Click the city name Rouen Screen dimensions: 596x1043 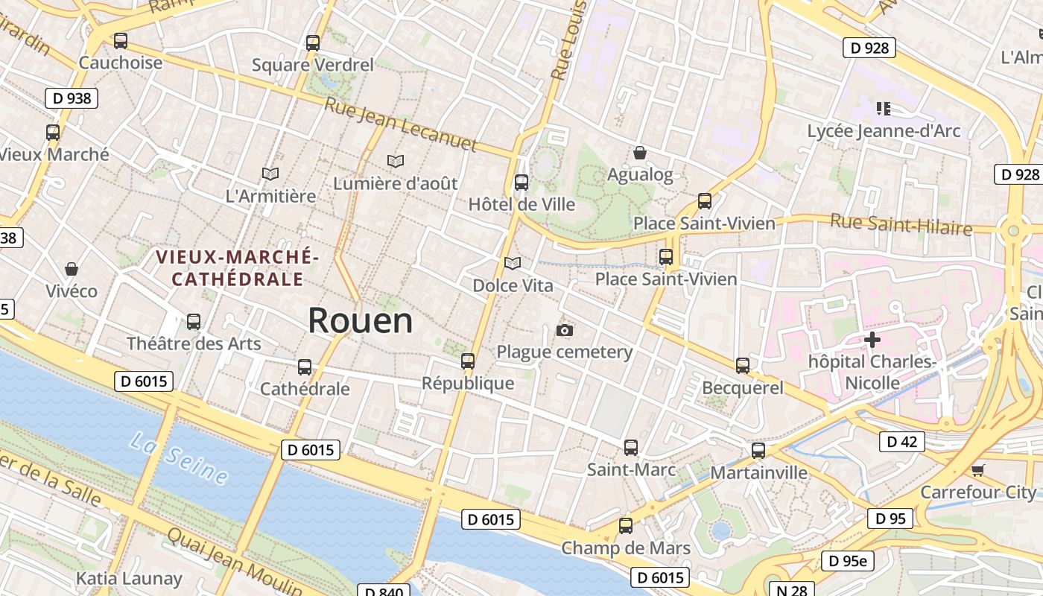[x=360, y=320]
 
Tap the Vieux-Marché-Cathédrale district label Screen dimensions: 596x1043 [x=237, y=268]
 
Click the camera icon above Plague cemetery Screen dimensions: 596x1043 [x=565, y=330]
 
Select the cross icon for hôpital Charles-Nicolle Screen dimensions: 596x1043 [x=872, y=340]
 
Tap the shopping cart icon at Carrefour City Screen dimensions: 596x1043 [x=977, y=470]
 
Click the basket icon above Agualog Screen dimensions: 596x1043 [x=639, y=153]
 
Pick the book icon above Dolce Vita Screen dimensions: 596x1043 [x=513, y=263]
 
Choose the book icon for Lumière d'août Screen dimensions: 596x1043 [x=396, y=160]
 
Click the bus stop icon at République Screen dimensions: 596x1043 [x=468, y=361]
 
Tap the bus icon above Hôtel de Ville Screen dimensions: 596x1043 [x=521, y=182]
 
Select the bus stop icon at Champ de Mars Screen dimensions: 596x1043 [x=626, y=526]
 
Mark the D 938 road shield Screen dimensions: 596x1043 [x=72, y=98]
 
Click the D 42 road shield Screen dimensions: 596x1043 [x=902, y=442]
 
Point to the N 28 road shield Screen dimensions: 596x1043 [x=792, y=590]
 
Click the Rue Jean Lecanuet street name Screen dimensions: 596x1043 [x=400, y=124]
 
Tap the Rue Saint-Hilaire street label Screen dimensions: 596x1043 [x=901, y=223]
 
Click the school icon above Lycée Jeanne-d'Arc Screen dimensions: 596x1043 [x=884, y=109]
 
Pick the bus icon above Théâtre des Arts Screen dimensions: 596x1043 [x=194, y=322]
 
